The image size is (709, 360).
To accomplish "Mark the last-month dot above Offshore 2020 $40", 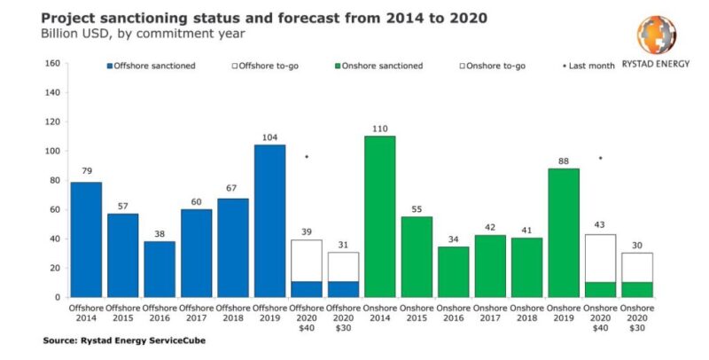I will click(x=307, y=157).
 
